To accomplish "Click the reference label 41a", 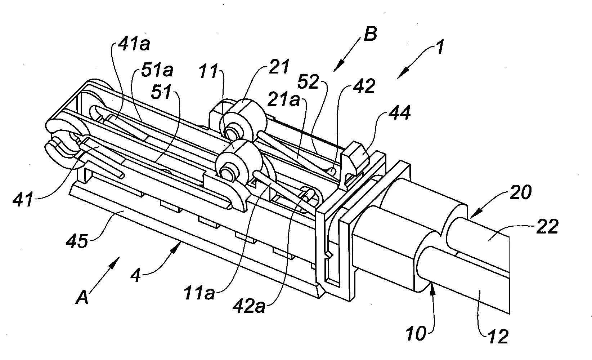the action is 134,44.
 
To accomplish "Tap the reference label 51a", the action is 157,70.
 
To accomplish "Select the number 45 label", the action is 77,241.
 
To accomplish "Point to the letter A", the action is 82,297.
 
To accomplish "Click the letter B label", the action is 370,34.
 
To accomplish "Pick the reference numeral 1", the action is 439,47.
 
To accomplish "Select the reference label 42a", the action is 249,307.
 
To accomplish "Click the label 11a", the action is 199,293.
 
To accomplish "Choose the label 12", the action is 498,337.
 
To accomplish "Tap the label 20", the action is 521,192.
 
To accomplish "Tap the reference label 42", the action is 364,86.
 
